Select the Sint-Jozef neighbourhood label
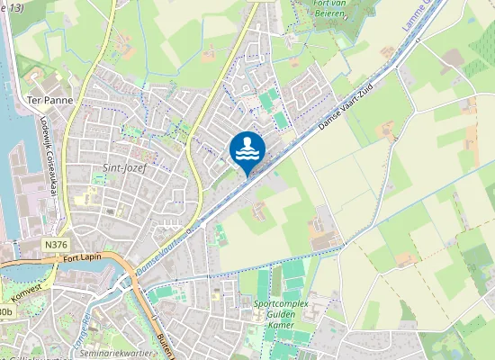click(124, 167)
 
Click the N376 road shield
click(55, 244)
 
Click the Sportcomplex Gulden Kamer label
click(281, 310)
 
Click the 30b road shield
click(6, 311)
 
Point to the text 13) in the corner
click(13, 7)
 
